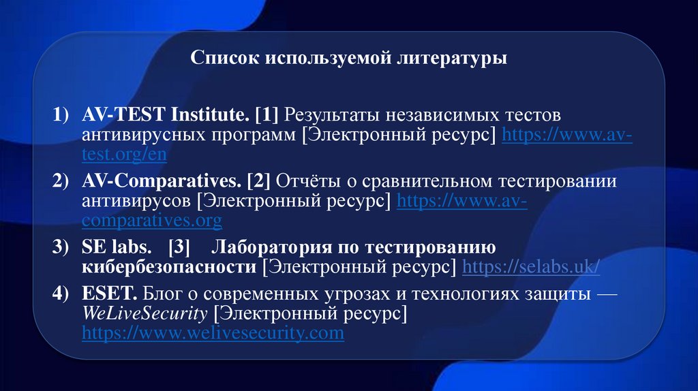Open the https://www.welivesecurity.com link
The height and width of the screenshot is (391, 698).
coord(213,333)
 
